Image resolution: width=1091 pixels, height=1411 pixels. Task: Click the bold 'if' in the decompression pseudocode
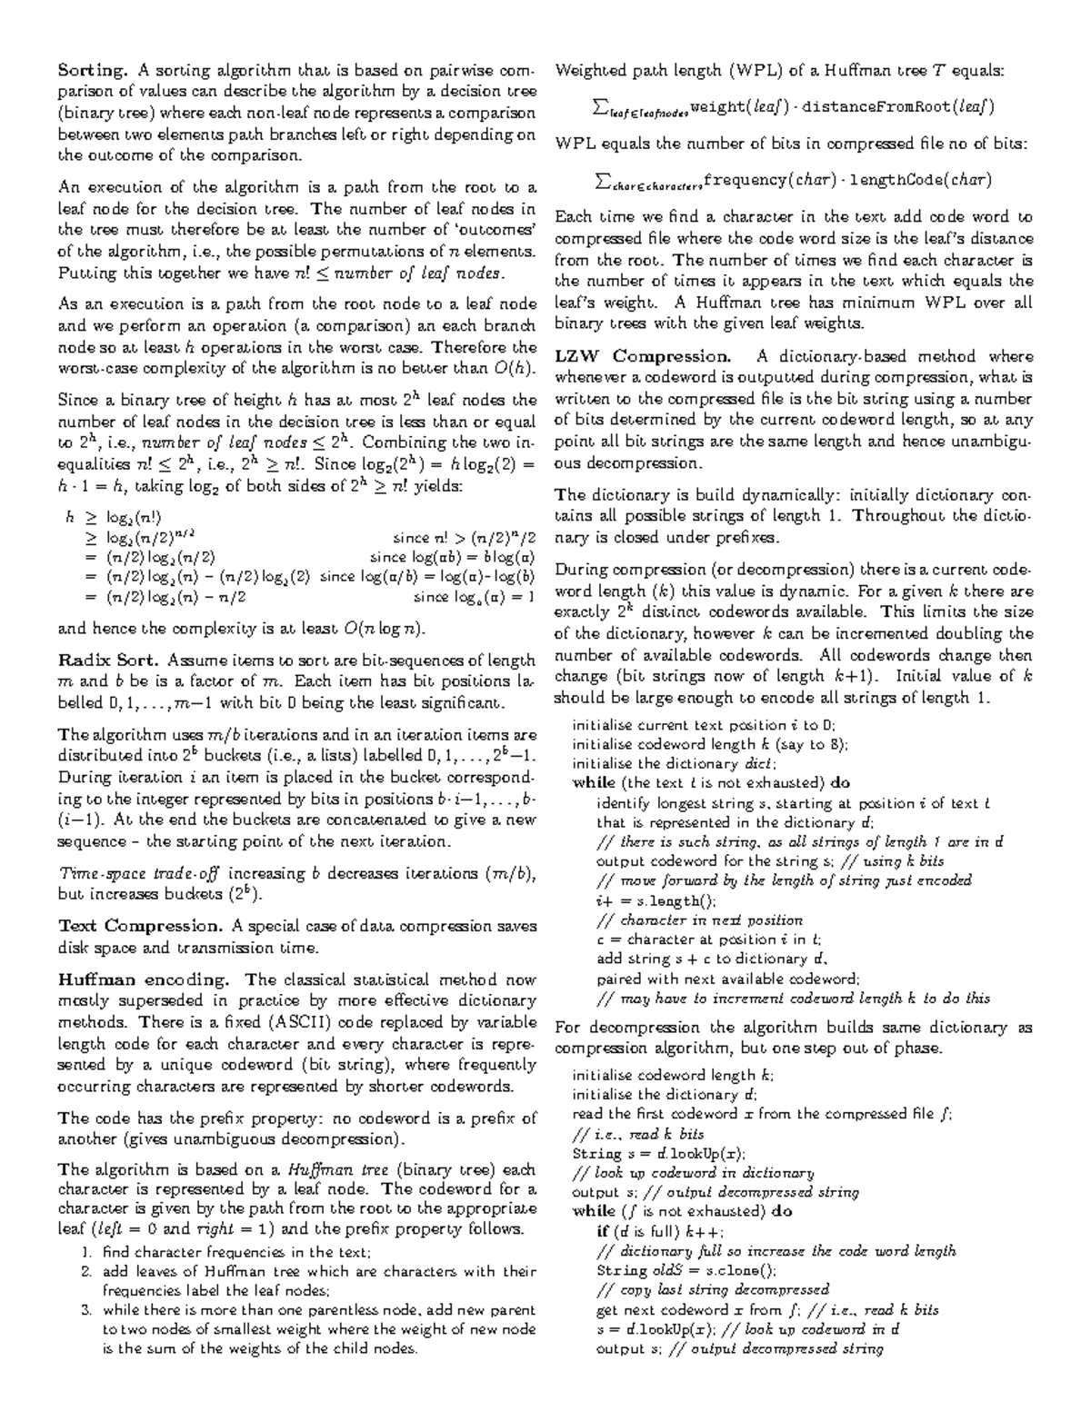pyautogui.click(x=602, y=1231)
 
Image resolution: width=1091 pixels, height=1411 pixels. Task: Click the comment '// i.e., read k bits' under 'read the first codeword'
pyautogui.click(x=638, y=1134)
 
